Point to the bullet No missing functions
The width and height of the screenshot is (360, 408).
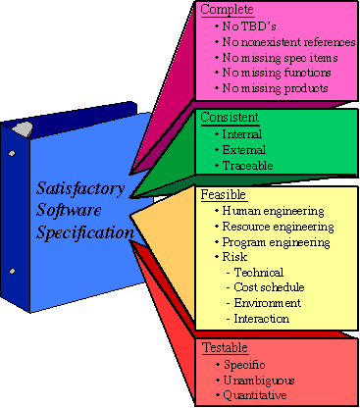tap(274, 73)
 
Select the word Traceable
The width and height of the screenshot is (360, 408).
tap(251, 166)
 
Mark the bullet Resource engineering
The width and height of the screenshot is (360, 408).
tap(278, 227)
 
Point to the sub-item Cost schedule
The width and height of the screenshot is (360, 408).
tap(269, 288)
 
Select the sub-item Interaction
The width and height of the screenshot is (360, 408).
tap(261, 319)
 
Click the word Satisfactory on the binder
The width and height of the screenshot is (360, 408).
tap(81, 187)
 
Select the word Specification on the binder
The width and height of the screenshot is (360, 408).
tap(83, 232)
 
